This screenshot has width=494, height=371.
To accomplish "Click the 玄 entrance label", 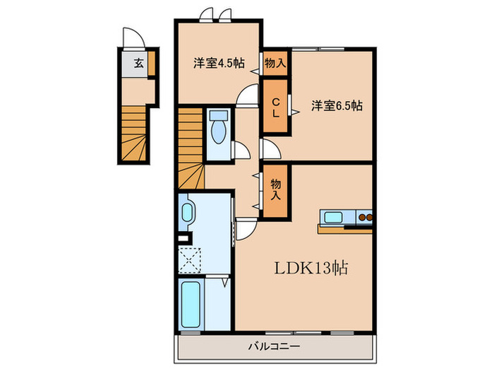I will pyautogui.click(x=138, y=63).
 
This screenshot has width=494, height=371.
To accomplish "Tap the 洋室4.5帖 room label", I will pyautogui.click(x=219, y=63).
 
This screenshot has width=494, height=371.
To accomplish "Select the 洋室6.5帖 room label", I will pyautogui.click(x=337, y=106).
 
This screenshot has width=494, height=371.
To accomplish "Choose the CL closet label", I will pyautogui.click(x=276, y=107).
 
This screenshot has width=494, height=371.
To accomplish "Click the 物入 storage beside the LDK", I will pyautogui.click(x=276, y=188).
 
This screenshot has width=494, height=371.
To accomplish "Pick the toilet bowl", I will pyautogui.click(x=218, y=129).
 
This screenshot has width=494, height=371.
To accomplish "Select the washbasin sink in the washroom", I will pyautogui.click(x=188, y=213).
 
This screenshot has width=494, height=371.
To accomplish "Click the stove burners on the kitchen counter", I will pyautogui.click(x=365, y=218).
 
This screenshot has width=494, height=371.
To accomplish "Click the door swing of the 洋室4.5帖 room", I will pyautogui.click(x=247, y=95).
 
